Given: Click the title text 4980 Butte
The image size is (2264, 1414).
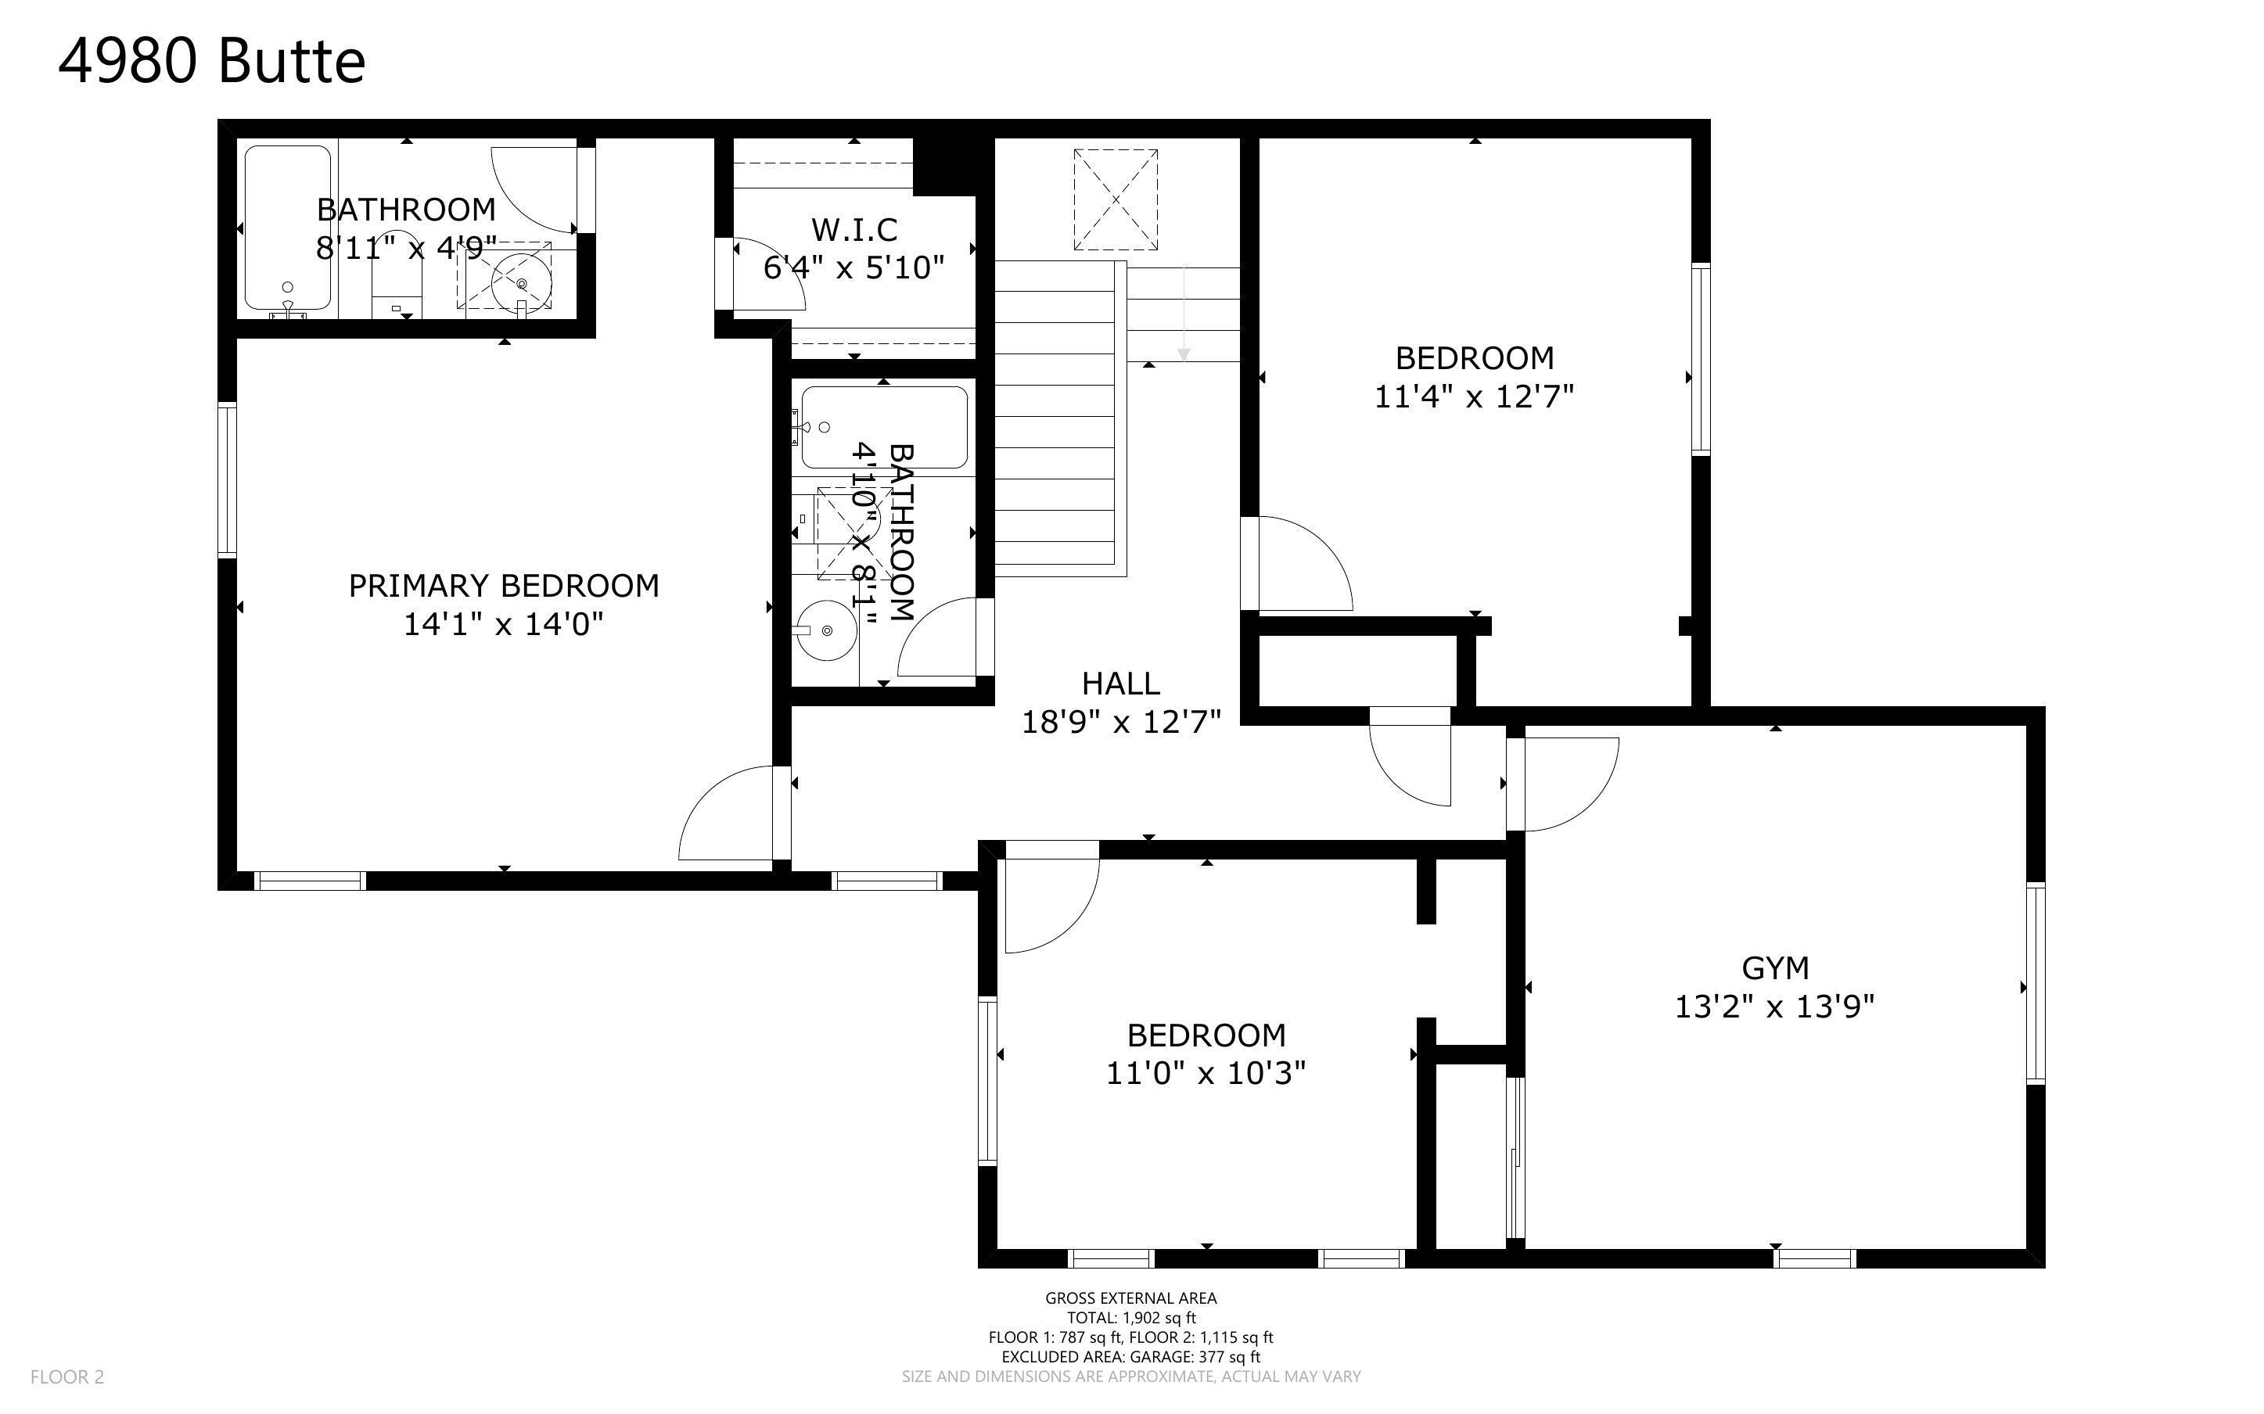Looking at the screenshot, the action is tap(211, 62).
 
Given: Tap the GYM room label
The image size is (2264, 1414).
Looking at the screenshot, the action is tap(1775, 967).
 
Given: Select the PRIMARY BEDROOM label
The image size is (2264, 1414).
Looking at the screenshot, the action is tap(504, 586).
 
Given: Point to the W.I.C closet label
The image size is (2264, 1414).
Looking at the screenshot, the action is tap(853, 229).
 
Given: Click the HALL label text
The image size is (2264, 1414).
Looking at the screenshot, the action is tap(1120, 684).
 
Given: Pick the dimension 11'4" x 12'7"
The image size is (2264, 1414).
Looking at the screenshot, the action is tap(1474, 397).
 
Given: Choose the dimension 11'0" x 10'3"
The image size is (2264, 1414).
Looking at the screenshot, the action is tap(1206, 1073).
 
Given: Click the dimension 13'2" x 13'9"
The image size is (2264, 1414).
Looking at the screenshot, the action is tap(1775, 1007).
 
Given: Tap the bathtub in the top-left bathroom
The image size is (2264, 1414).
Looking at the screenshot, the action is tap(288, 228).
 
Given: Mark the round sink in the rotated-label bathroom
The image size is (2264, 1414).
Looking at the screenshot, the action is tap(827, 630).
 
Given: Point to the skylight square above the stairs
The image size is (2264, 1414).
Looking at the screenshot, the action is tap(1115, 199).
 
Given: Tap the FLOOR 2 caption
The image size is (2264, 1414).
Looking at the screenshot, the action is tap(67, 1376).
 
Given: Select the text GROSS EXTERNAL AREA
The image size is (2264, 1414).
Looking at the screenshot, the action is tap(1130, 1298).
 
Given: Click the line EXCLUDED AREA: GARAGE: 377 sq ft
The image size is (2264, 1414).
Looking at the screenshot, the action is tap(1130, 1357).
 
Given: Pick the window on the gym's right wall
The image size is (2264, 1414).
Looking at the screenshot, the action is tap(2036, 983).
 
